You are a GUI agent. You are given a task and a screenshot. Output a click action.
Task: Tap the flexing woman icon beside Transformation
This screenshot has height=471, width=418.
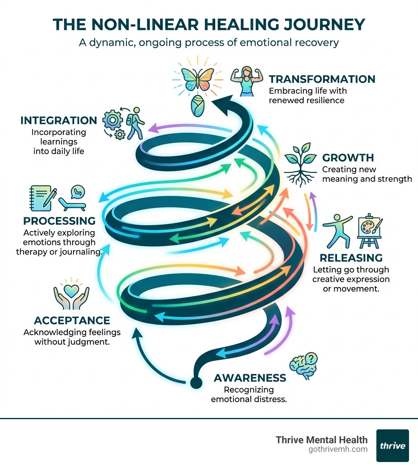tap(247, 82)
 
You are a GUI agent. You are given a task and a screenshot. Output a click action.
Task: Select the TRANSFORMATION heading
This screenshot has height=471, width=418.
tap(322, 79)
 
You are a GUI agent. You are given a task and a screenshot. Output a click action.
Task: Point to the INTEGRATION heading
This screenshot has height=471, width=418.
tap(58, 120)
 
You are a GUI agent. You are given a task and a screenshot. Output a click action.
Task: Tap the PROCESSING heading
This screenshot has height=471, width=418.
tap(59, 221)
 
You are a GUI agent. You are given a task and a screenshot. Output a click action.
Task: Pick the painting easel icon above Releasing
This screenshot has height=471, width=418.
tap(369, 231)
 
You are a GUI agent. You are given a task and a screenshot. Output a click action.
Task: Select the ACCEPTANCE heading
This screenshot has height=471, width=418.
tap(72, 320)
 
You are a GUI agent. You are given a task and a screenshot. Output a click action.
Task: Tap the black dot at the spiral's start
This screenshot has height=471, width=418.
tap(196, 383)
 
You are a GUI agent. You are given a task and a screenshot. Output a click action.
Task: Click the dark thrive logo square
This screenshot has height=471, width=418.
tap(392, 445)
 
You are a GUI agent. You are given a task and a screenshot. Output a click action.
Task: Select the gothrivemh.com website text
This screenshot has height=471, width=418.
tap(338, 449)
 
